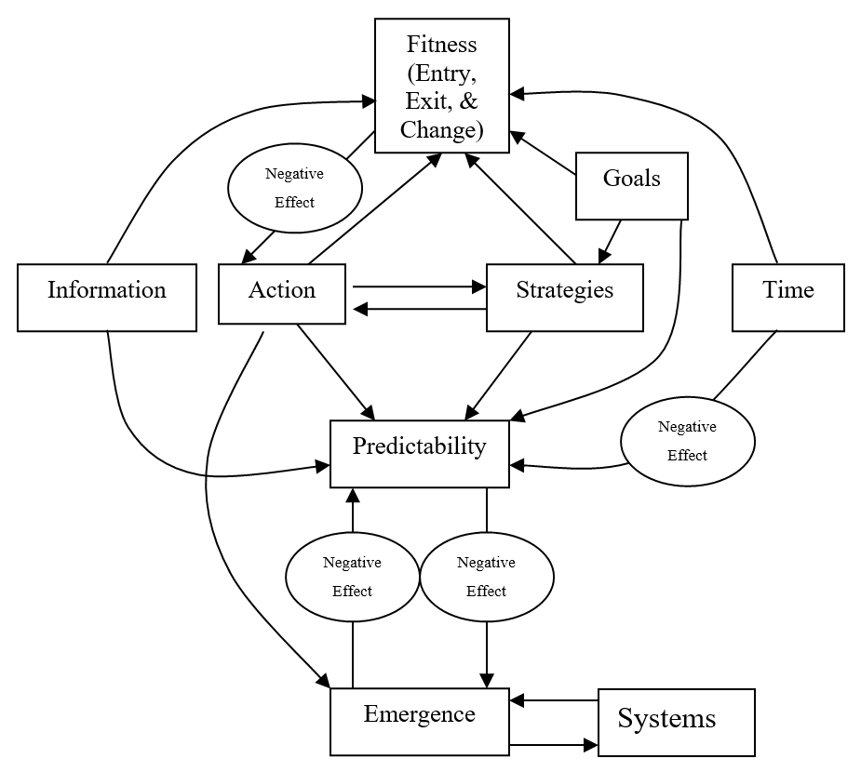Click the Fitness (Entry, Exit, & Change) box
pos(441,87)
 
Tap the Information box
pos(107,296)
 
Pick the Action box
pos(281,294)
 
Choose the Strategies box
pos(564,297)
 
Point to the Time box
pos(787,297)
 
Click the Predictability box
pos(420,453)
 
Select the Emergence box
pos(420,721)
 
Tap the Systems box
pos(675,722)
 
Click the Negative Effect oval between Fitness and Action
pos(294,188)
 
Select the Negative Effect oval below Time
pos(687,442)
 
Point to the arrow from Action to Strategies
pos(419,286)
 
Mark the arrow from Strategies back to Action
pos(419,309)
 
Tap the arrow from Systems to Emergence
pos(554,699)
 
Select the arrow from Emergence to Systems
pos(554,744)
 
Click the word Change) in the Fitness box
pos(441,129)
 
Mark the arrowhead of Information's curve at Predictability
pos(325,466)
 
